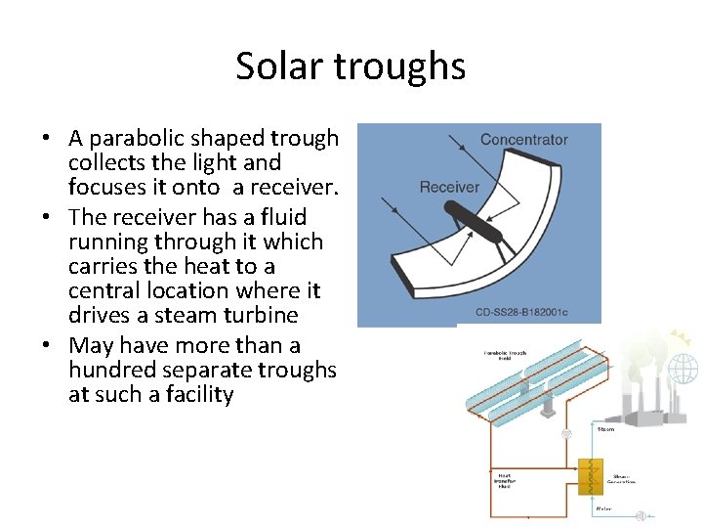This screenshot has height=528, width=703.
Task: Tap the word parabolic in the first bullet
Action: pyautogui.click(x=138, y=139)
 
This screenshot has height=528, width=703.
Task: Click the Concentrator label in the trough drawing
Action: pyautogui.click(x=523, y=140)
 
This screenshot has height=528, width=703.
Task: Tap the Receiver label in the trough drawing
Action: pyautogui.click(x=449, y=187)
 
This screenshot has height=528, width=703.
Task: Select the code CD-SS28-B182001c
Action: pyautogui.click(x=521, y=313)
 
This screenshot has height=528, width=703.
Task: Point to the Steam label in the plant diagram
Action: pyautogui.click(x=605, y=428)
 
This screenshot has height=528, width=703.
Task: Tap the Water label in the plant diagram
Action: pyautogui.click(x=605, y=507)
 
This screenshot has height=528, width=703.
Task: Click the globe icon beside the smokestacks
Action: pyautogui.click(x=682, y=369)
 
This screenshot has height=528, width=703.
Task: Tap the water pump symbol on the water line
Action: pyautogui.click(x=641, y=515)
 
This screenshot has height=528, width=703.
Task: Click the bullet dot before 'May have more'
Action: pyautogui.click(x=48, y=346)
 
